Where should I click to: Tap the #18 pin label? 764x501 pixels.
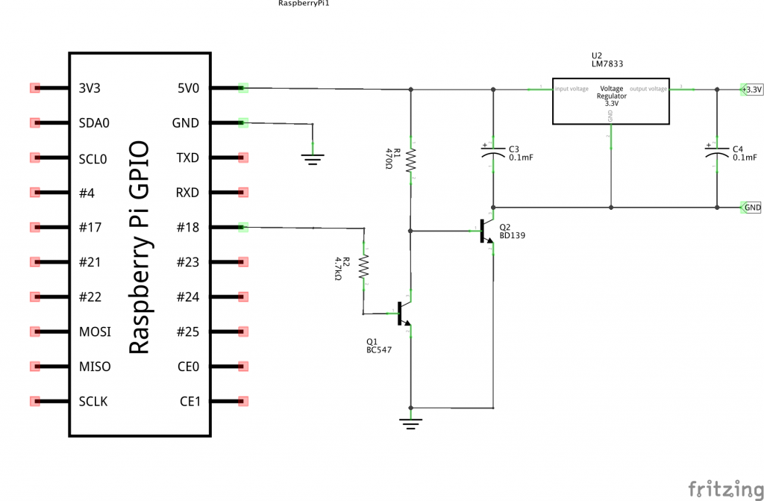[187, 227]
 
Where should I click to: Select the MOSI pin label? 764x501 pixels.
[95, 332]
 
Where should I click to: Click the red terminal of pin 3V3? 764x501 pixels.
[34, 88]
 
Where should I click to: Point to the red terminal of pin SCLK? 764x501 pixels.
[34, 401]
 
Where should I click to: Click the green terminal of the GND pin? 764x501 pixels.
[242, 122]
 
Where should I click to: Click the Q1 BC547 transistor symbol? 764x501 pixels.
[404, 314]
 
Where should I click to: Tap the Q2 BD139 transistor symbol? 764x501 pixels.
[486, 232]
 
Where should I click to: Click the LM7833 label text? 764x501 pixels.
[607, 65]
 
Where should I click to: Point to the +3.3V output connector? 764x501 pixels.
[751, 90]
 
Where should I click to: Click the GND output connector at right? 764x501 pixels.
[751, 207]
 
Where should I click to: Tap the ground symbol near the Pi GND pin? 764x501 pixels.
[313, 156]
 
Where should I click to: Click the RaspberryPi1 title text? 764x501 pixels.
[304, 4]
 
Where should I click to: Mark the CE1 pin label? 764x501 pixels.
[190, 402]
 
